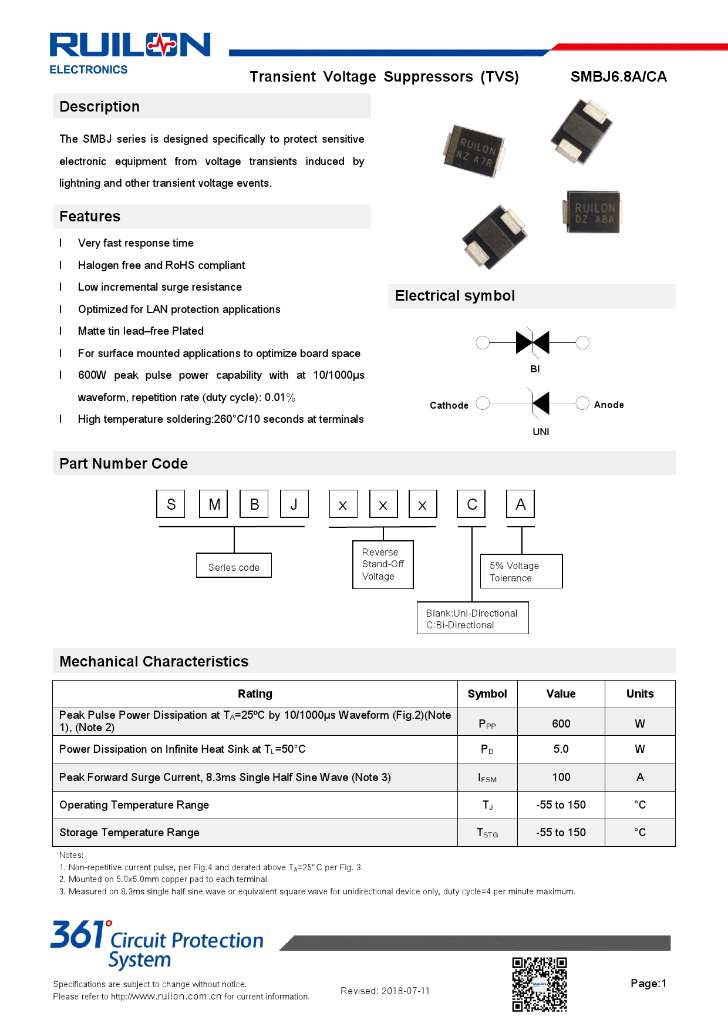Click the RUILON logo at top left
[130, 46]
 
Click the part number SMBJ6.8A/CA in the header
[618, 77]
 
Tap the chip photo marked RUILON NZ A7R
[474, 151]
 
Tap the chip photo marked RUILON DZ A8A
[594, 213]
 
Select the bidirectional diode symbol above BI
[532, 342]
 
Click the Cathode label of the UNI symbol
[449, 405]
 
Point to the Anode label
[608, 405]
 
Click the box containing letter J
[294, 504]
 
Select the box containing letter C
[471, 504]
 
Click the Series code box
[234, 566]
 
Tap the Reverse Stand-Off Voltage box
[383, 564]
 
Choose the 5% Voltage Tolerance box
[521, 571]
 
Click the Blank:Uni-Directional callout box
[472, 618]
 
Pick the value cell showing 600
[561, 723]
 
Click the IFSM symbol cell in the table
[487, 777]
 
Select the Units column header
[639, 694]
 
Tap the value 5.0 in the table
[561, 749]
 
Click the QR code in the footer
[540, 984]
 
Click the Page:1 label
[648, 984]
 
